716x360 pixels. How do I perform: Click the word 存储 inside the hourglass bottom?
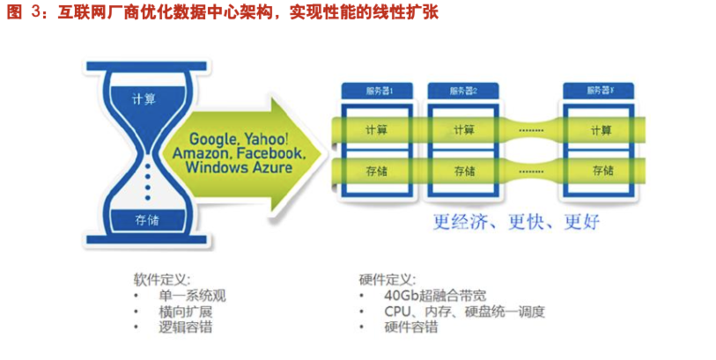[147, 219]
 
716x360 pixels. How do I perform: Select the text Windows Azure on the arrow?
[239, 167]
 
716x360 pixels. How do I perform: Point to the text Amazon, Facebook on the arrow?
[239, 153]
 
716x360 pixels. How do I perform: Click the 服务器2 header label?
[463, 91]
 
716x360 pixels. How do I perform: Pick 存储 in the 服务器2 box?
[463, 171]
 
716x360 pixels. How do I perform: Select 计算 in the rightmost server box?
[602, 129]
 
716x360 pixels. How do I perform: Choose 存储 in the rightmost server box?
[602, 171]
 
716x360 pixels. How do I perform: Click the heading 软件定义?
[162, 279]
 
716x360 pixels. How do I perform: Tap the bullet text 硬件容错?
[411, 327]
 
